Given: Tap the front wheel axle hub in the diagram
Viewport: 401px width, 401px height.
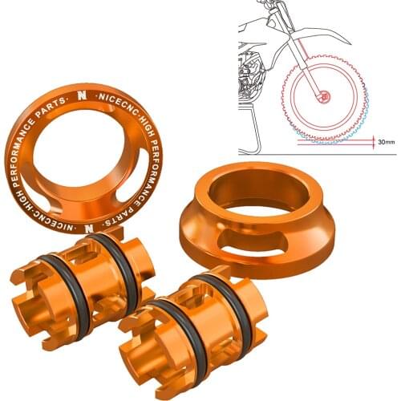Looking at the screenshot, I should coord(325,97).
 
